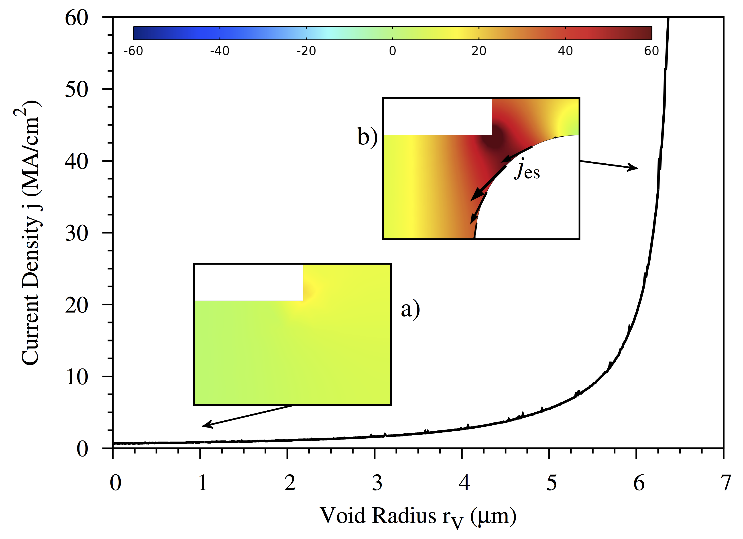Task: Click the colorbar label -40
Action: point(220,51)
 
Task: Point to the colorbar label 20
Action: point(479,51)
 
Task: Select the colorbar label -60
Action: point(133,51)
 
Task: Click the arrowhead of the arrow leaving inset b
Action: point(635,168)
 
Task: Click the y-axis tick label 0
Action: point(82,449)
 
